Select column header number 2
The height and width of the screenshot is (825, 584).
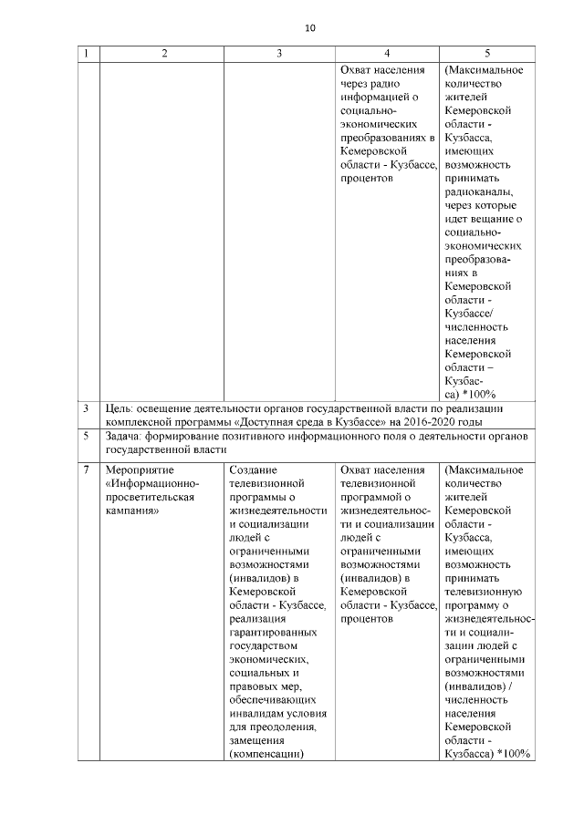[164, 54]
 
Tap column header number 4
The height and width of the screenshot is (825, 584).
[387, 54]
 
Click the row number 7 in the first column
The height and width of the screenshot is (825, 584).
[85, 469]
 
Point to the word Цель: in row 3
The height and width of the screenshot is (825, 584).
[120, 407]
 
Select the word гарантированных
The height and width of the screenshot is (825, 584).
[273, 632]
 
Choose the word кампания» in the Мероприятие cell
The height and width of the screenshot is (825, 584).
[133, 510]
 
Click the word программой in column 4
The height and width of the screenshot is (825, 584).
[370, 497]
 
